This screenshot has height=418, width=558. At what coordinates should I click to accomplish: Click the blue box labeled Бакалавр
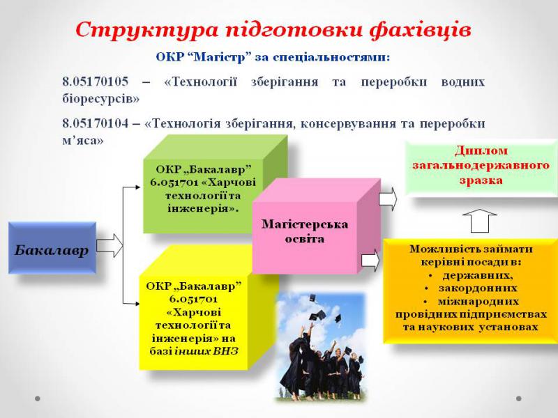coord(52,248)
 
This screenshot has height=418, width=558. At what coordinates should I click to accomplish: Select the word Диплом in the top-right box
coord(481,150)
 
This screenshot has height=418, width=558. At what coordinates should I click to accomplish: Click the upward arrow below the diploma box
coord(479,221)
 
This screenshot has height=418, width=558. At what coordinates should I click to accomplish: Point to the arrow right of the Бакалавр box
coord(110,245)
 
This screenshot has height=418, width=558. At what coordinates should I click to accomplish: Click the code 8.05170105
coord(95,82)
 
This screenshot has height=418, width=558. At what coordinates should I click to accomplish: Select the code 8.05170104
coord(95,123)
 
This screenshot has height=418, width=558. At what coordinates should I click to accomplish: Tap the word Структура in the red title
coord(146,30)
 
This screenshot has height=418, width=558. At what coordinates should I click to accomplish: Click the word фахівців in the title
coord(420,30)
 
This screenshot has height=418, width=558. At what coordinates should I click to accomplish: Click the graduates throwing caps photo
coord(321,346)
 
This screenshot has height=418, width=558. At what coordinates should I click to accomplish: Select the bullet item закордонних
coord(478,288)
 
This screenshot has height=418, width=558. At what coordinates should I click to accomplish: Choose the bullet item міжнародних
coord(478,302)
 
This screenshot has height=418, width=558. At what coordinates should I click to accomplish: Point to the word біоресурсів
coord(100,98)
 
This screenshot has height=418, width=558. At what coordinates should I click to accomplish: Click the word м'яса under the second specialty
coord(82,141)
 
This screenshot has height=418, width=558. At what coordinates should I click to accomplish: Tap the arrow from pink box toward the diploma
coord(388,199)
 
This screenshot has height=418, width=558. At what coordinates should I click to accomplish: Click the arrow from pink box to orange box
coord(370,260)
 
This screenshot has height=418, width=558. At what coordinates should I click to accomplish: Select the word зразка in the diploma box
coord(481,180)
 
